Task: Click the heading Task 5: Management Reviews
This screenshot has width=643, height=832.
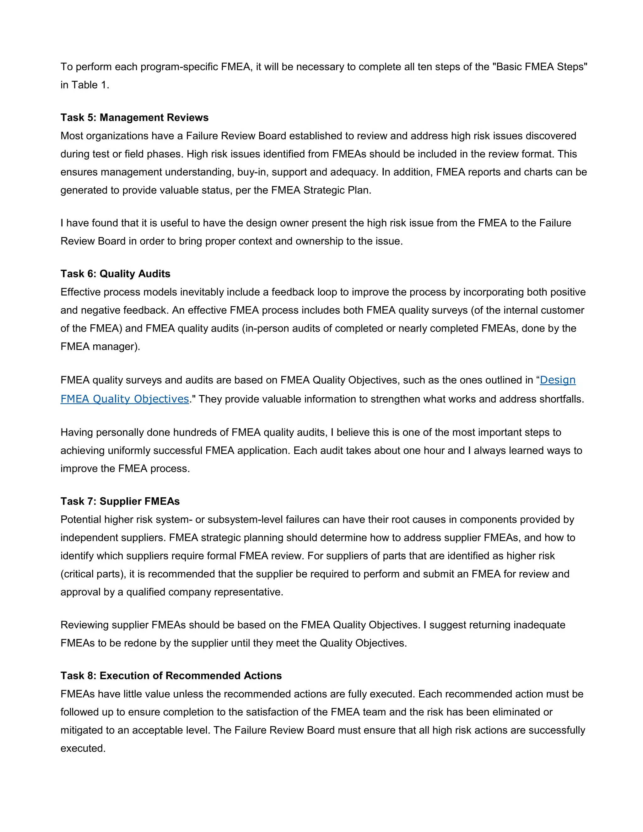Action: pos(134,117)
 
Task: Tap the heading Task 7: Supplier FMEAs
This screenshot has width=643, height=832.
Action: pos(120,501)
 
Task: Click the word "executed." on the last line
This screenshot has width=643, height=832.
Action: pos(83,748)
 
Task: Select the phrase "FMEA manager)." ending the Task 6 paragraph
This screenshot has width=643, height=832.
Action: pos(100,347)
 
